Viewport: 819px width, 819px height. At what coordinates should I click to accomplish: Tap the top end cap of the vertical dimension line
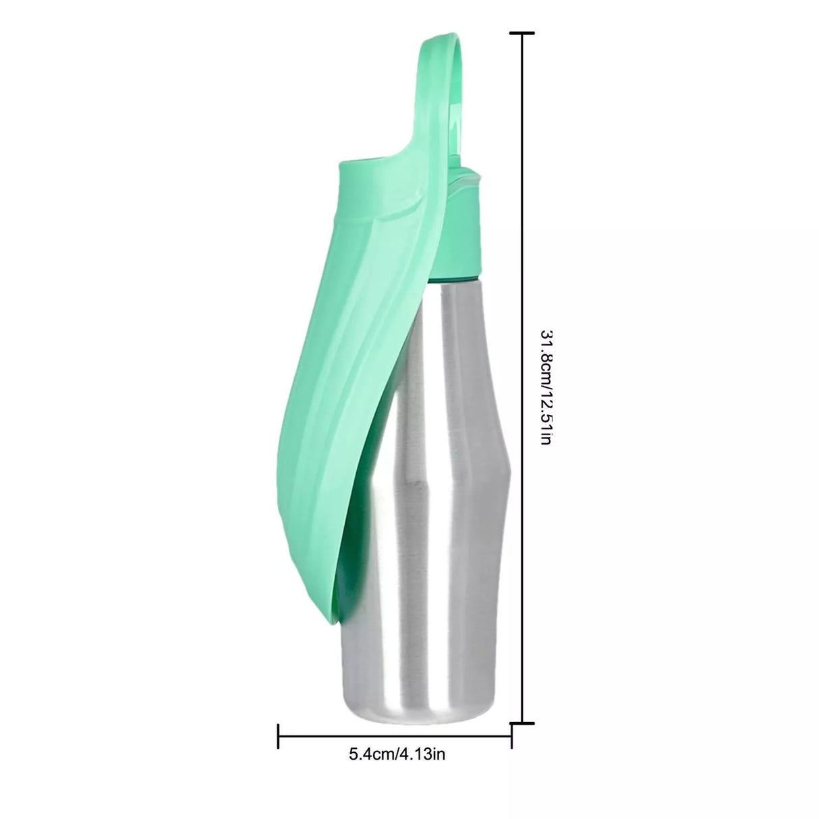[x=523, y=32]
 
